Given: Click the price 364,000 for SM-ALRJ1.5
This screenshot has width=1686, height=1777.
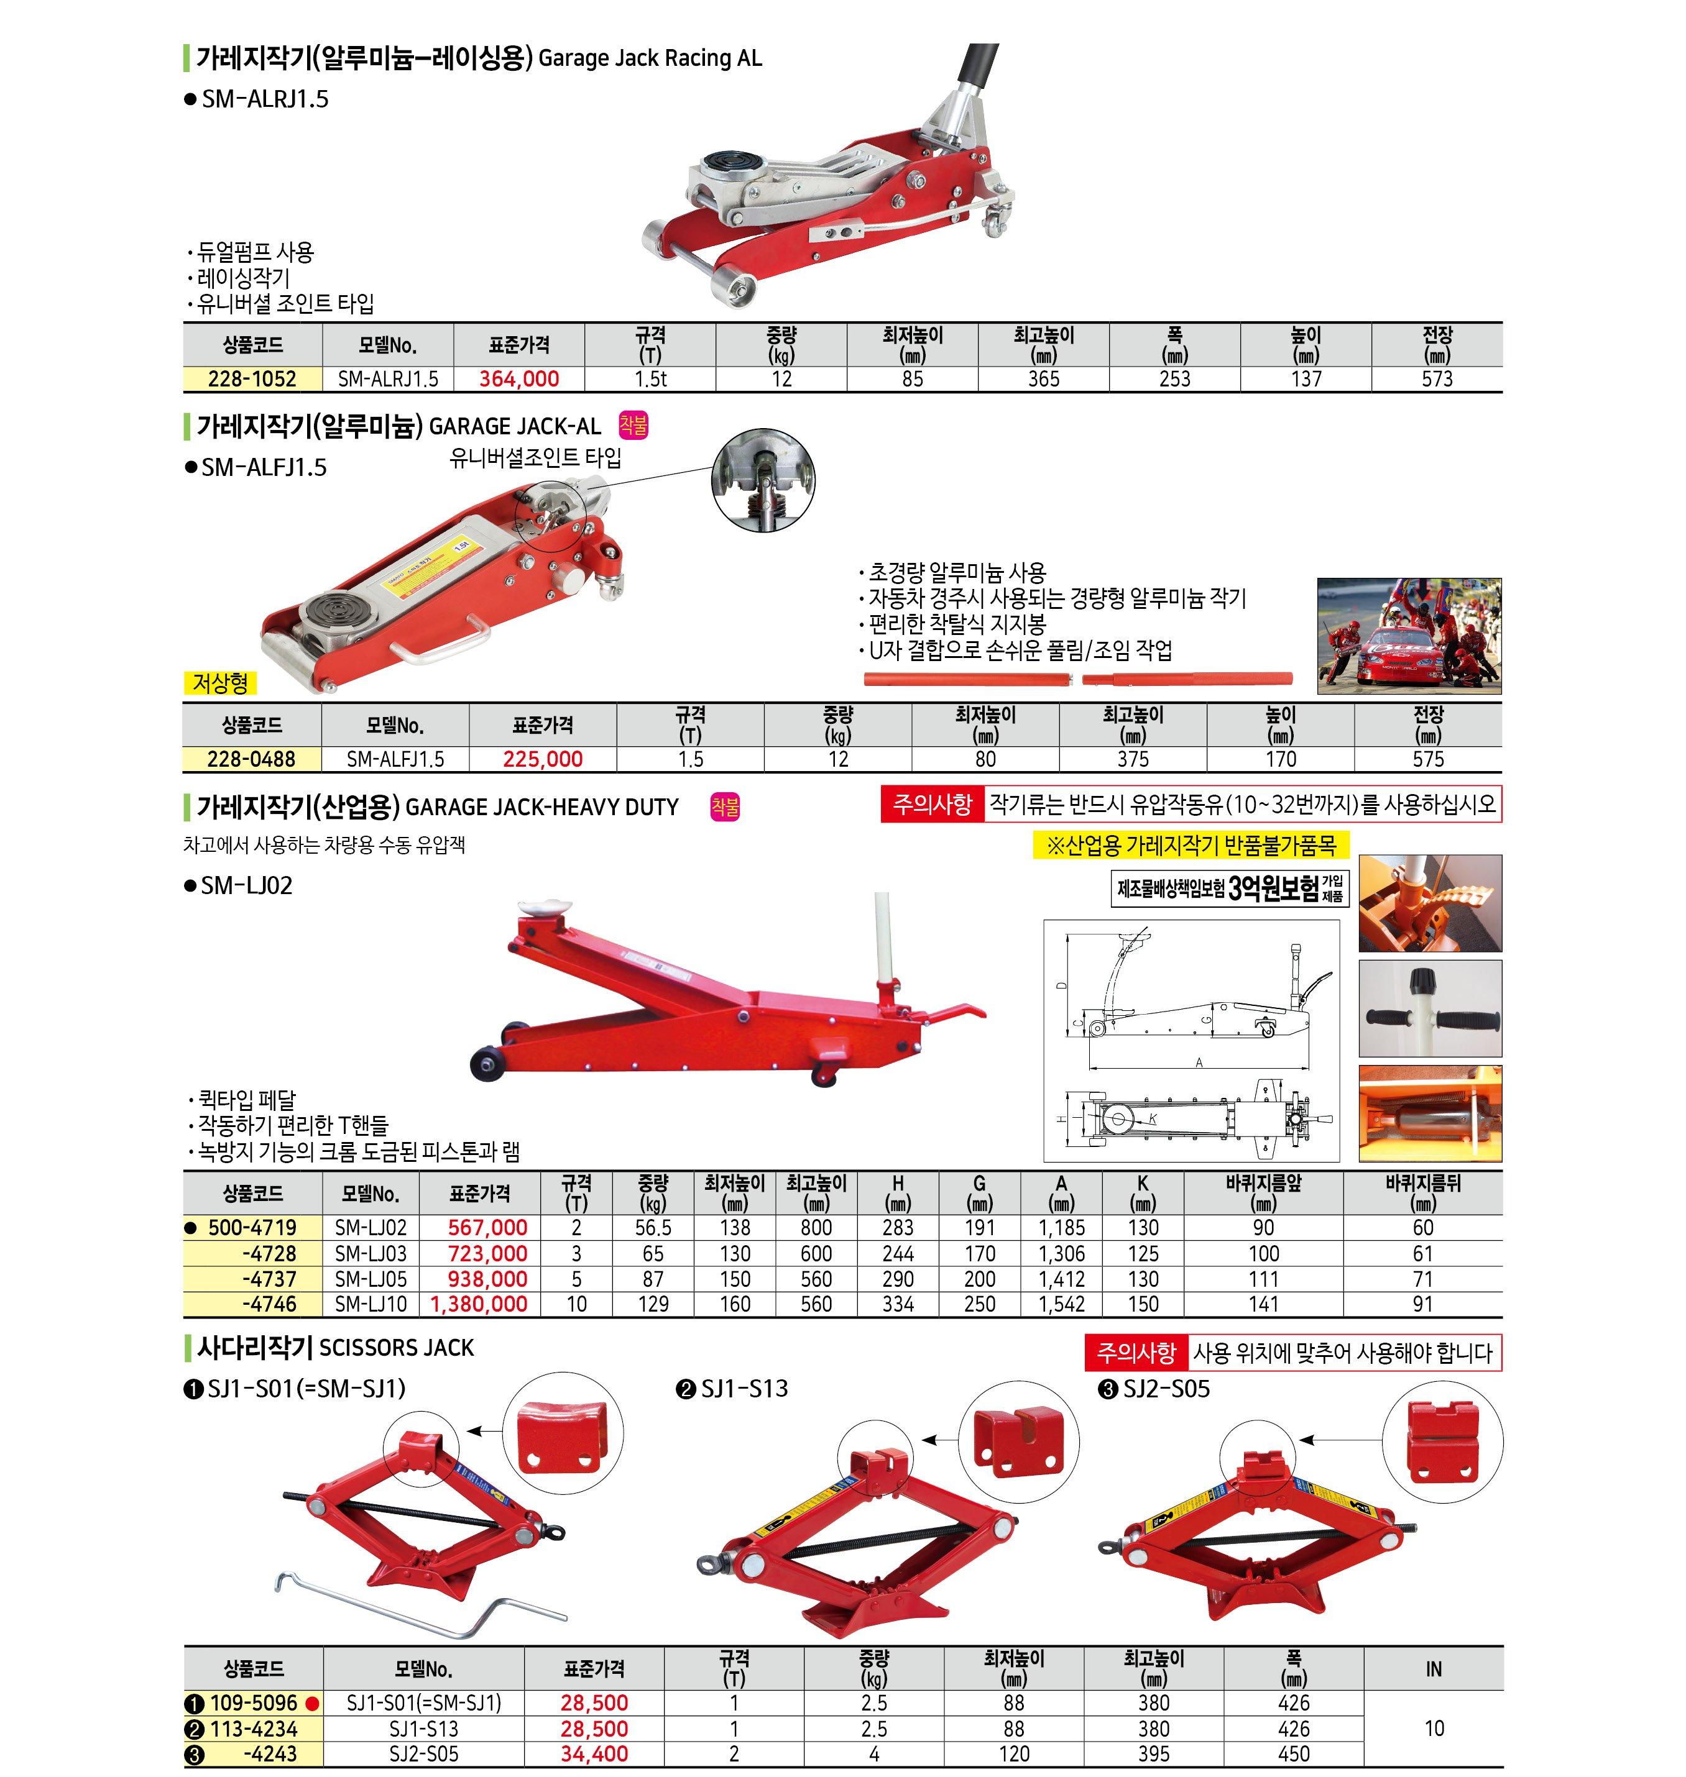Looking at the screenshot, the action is [x=518, y=379].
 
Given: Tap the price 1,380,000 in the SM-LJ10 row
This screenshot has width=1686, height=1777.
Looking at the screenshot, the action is [x=479, y=1304].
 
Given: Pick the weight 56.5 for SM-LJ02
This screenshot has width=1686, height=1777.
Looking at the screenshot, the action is [x=653, y=1227].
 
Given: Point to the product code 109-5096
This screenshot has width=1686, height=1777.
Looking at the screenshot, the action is [x=254, y=1702].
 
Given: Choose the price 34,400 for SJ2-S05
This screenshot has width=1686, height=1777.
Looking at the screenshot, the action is [x=594, y=1753].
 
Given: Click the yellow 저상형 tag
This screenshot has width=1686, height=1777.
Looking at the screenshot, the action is [x=219, y=683].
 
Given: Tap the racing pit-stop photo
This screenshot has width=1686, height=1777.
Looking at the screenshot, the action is [x=1408, y=636].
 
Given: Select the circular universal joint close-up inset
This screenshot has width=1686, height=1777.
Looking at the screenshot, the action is [x=763, y=480].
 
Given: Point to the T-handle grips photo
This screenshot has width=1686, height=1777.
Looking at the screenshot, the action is [x=1429, y=1008].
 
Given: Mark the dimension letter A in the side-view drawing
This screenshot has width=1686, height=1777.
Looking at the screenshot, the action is [x=1199, y=1062].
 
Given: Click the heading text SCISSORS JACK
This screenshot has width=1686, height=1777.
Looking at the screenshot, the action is [x=397, y=1348].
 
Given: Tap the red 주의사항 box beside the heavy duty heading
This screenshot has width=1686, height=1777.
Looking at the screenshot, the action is [x=932, y=804].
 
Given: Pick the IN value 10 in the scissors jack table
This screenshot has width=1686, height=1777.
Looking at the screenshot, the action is [x=1434, y=1727].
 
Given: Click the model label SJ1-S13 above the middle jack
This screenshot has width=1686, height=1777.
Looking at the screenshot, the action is [x=744, y=1389].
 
